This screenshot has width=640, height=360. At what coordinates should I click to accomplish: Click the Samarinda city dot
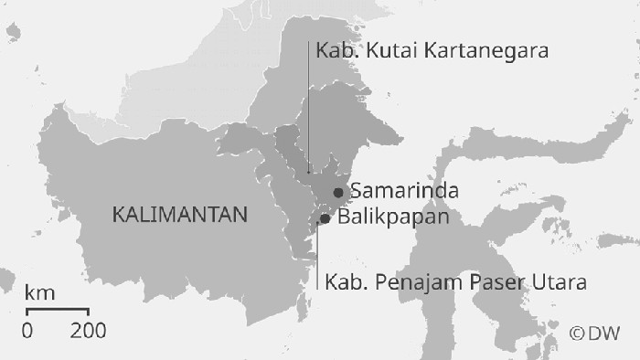click(x=338, y=192)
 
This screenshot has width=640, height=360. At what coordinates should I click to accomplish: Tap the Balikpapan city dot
click(x=325, y=218)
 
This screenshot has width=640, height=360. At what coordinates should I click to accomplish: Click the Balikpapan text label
click(x=394, y=218)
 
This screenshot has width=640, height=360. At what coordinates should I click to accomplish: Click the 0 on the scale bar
click(x=27, y=330)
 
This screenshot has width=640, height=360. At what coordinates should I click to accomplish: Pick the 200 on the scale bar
click(x=89, y=330)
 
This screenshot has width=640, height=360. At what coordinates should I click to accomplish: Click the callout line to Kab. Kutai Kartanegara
click(x=308, y=110)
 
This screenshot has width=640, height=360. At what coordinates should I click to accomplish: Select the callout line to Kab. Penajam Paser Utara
click(x=317, y=256)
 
